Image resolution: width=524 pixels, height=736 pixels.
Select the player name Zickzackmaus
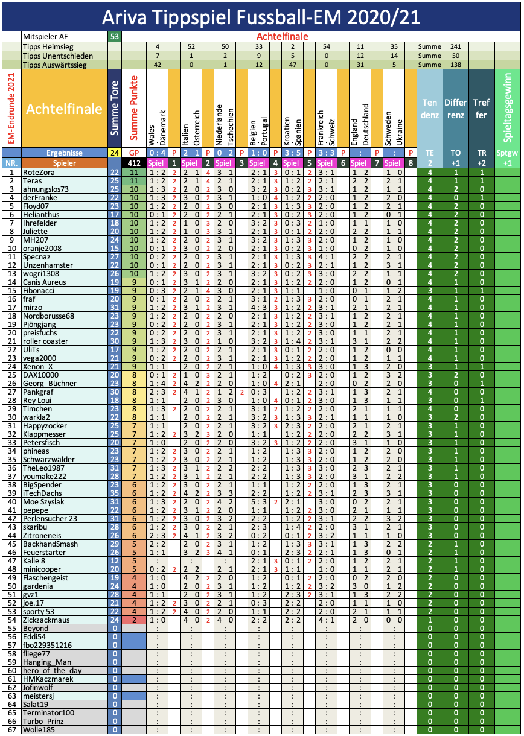46,620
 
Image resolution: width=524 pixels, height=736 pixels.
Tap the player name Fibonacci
40,290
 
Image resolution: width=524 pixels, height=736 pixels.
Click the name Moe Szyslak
44,501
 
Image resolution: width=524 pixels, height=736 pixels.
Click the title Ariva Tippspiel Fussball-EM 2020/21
261,16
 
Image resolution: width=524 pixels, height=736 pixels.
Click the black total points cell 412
133,163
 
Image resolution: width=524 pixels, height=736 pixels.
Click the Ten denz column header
429,109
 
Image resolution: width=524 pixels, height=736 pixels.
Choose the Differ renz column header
456,109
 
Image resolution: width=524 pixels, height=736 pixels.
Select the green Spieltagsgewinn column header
507,109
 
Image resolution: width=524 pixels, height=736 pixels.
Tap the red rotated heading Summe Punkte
134,109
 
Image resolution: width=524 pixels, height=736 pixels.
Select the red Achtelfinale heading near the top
282,37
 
